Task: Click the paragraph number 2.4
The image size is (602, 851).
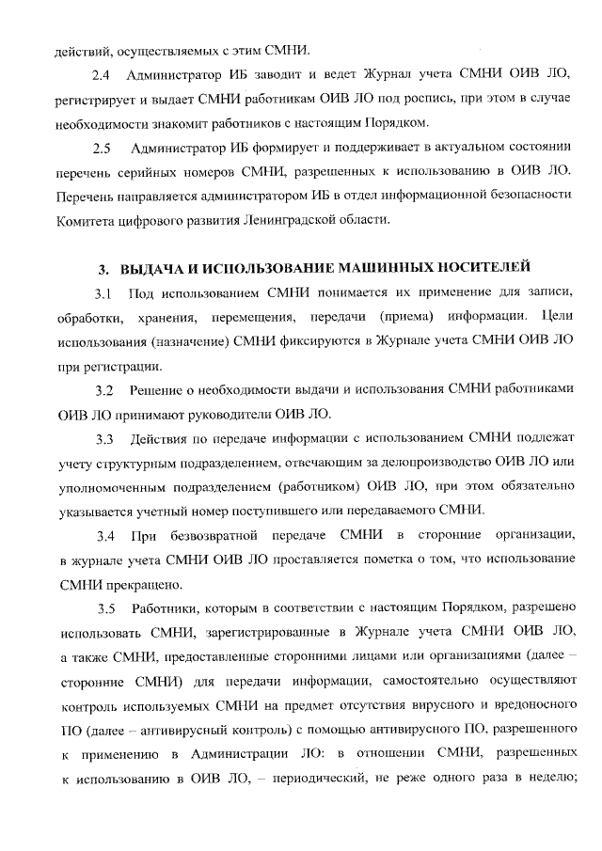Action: click(102, 73)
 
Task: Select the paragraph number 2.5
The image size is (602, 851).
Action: click(102, 149)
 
